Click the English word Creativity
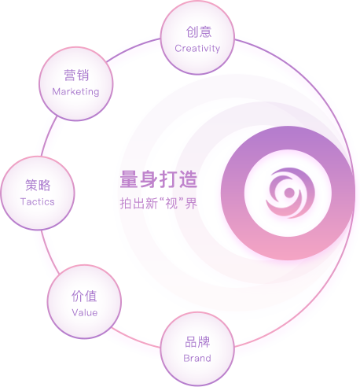(x=197, y=49)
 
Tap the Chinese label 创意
(x=199, y=32)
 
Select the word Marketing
(x=75, y=92)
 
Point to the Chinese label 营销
(x=76, y=76)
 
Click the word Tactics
(x=38, y=201)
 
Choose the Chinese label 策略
(x=38, y=185)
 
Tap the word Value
(x=85, y=312)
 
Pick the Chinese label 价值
(x=84, y=297)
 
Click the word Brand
(x=197, y=358)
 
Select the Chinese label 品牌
(x=197, y=342)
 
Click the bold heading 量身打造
(x=159, y=179)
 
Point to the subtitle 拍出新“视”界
(x=159, y=203)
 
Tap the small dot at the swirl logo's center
(x=289, y=193)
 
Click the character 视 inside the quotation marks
(x=171, y=204)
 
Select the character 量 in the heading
(x=130, y=179)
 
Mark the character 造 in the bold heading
(x=188, y=179)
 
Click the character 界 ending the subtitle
(x=191, y=204)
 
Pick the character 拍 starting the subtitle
(x=126, y=204)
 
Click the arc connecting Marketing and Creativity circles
(x=132, y=48)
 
